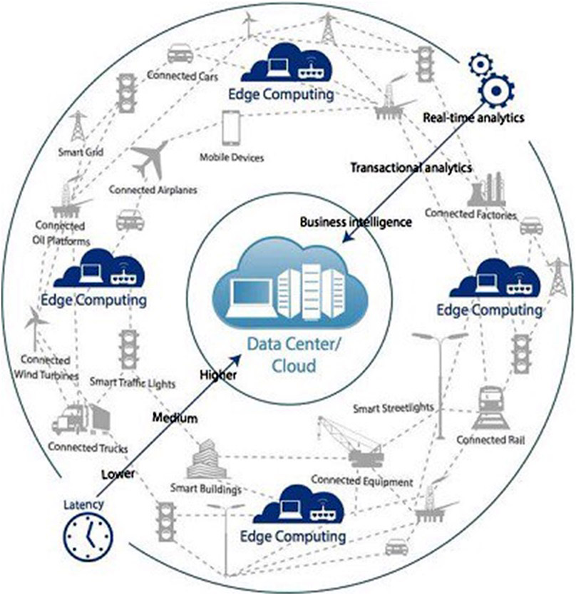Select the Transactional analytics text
click(411, 168)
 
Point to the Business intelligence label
click(356, 222)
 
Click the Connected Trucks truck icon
click(80, 419)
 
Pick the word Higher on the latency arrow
click(218, 375)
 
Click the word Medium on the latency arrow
click(175, 418)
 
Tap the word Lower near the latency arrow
click(118, 474)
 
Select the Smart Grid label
click(79, 151)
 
